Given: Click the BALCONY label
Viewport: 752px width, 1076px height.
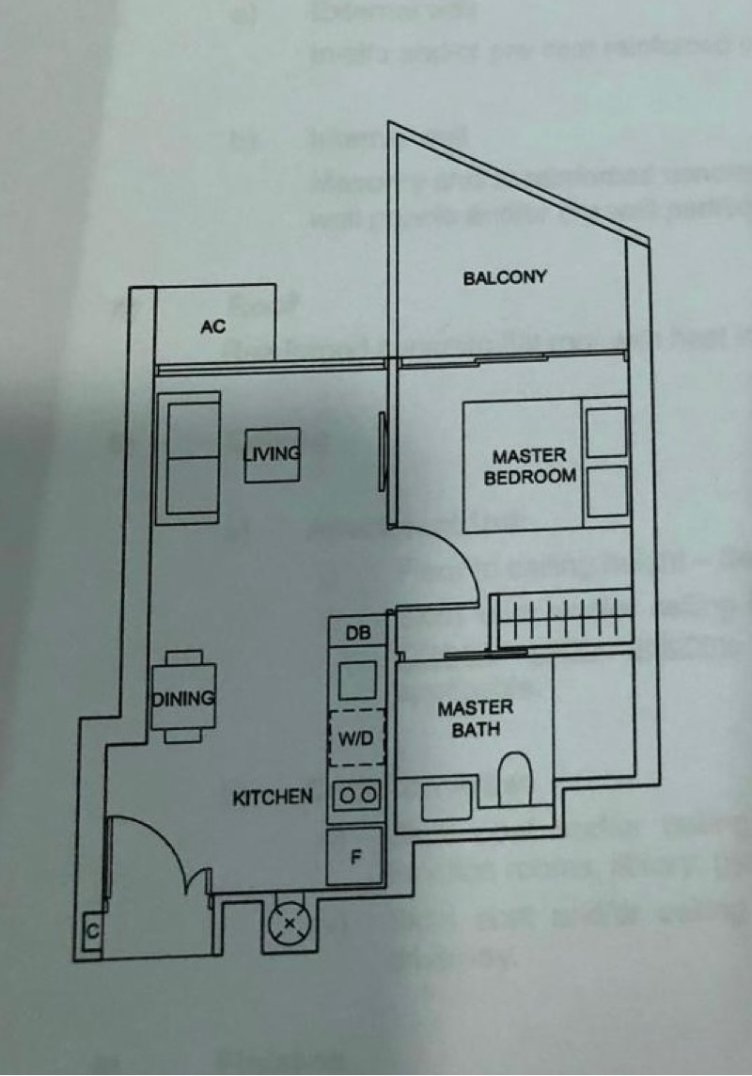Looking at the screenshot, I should [x=505, y=277].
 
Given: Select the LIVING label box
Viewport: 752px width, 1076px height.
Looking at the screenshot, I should [x=272, y=454].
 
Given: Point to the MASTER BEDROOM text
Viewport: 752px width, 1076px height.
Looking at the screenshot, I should [x=529, y=467].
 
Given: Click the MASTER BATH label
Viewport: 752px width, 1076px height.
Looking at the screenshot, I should [x=475, y=718].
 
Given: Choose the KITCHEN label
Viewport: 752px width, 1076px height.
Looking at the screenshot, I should [x=273, y=798].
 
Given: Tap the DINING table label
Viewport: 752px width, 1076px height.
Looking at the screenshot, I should [x=184, y=699].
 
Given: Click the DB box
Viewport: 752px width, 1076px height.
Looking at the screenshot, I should [x=357, y=634].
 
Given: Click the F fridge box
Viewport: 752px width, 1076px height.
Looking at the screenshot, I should [x=355, y=856].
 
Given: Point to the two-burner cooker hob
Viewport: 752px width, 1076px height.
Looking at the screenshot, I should [x=357, y=796].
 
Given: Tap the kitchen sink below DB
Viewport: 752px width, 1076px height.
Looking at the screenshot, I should [x=357, y=679].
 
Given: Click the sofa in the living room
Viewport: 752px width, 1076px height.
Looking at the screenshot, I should [x=193, y=457].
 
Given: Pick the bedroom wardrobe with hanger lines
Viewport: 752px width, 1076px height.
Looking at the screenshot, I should [x=562, y=621].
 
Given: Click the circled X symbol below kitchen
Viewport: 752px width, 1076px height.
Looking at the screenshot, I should [x=289, y=924].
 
